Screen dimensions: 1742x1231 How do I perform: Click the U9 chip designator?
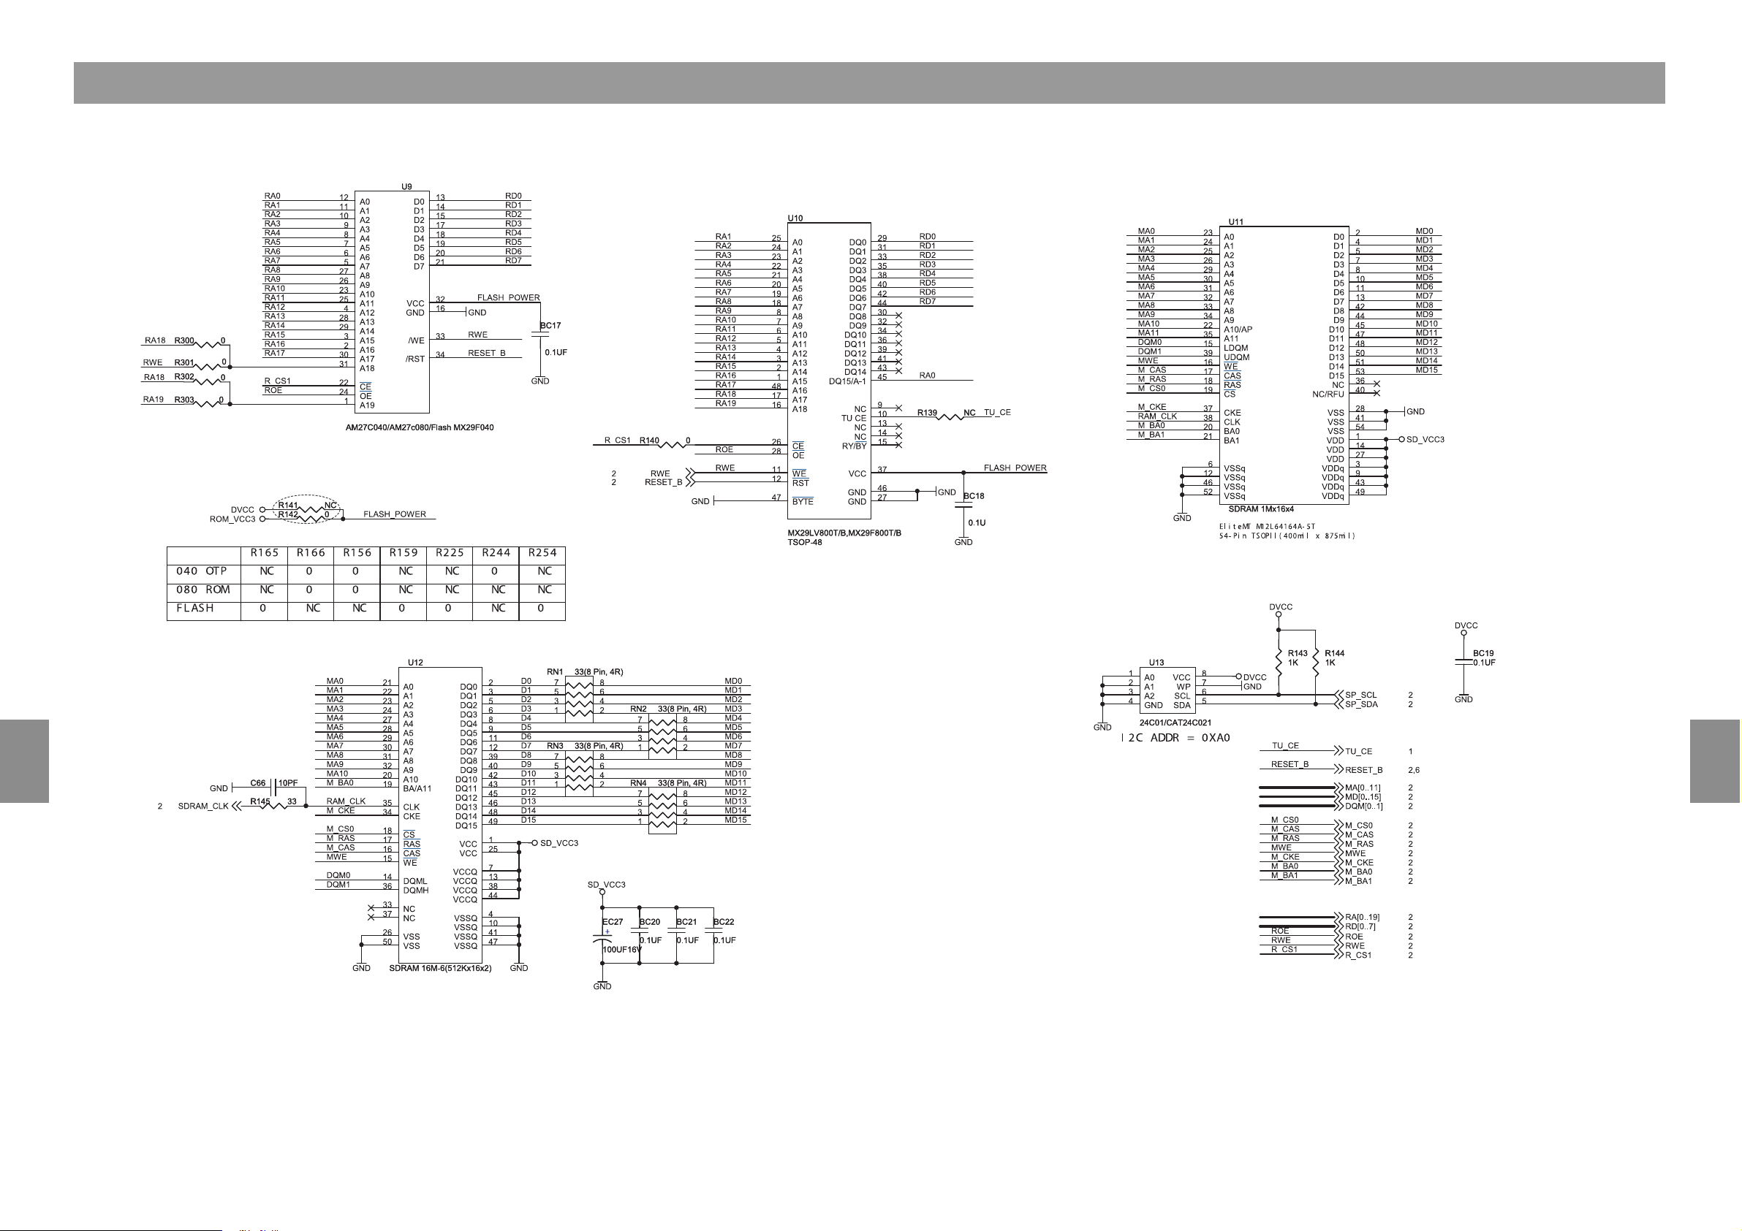[406, 186]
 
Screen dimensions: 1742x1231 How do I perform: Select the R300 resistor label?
[184, 341]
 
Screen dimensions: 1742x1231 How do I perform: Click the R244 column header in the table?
[496, 553]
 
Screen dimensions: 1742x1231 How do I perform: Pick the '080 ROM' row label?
[203, 590]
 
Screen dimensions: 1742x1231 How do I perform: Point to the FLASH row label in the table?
[195, 609]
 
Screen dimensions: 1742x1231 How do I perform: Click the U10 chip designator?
[795, 218]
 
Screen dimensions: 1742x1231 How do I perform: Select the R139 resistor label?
[927, 413]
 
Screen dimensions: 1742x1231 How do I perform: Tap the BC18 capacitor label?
[974, 496]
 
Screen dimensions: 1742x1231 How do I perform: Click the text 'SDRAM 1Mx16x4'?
[1261, 510]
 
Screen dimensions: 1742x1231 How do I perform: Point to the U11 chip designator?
[1236, 222]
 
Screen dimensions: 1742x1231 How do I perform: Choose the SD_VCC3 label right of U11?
[1425, 440]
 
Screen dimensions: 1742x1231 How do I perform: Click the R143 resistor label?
[1298, 653]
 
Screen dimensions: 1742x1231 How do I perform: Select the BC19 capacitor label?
[1483, 653]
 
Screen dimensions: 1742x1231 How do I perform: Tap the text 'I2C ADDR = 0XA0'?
[1176, 738]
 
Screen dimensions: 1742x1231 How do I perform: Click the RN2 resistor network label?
[638, 709]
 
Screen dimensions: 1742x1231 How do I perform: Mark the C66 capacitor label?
[258, 782]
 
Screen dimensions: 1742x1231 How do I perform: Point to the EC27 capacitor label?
[613, 922]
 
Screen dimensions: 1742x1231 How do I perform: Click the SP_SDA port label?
[1361, 704]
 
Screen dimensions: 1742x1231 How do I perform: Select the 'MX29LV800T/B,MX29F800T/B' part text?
[844, 533]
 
